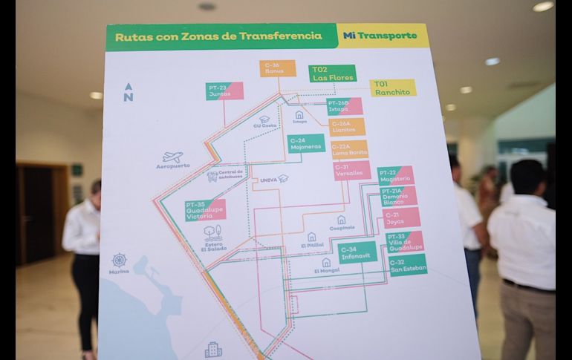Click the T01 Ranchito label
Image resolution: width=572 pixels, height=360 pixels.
pyautogui.click(x=393, y=88)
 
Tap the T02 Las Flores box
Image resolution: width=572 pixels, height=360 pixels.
pyautogui.click(x=332, y=73)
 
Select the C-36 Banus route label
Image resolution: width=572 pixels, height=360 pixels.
pyautogui.click(x=279, y=68)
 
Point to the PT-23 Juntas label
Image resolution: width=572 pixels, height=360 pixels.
pyautogui.click(x=224, y=91)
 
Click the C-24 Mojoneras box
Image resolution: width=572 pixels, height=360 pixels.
pyautogui.click(x=306, y=143)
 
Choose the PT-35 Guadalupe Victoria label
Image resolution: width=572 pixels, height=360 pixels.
pyautogui.click(x=205, y=210)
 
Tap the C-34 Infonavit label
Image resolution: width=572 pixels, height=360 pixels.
pyautogui.click(x=357, y=252)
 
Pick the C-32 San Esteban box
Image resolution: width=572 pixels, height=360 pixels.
pyautogui.click(x=407, y=265)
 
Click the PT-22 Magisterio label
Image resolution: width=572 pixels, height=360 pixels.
pyautogui.click(x=395, y=175)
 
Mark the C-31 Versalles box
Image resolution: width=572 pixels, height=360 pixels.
pyautogui.click(x=351, y=171)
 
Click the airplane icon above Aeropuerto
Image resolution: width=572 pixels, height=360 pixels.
pyautogui.click(x=173, y=157)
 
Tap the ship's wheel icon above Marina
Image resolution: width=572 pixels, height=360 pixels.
pyautogui.click(x=119, y=260)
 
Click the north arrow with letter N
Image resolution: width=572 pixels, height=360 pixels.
pyautogui.click(x=129, y=92)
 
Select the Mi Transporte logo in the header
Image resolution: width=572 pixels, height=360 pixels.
pyautogui.click(x=381, y=36)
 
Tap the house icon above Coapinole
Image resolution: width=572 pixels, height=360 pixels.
pyautogui.click(x=341, y=220)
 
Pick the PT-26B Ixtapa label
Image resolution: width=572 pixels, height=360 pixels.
pyautogui.click(x=344, y=106)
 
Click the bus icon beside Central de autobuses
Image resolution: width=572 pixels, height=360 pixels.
pyautogui.click(x=212, y=176)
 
